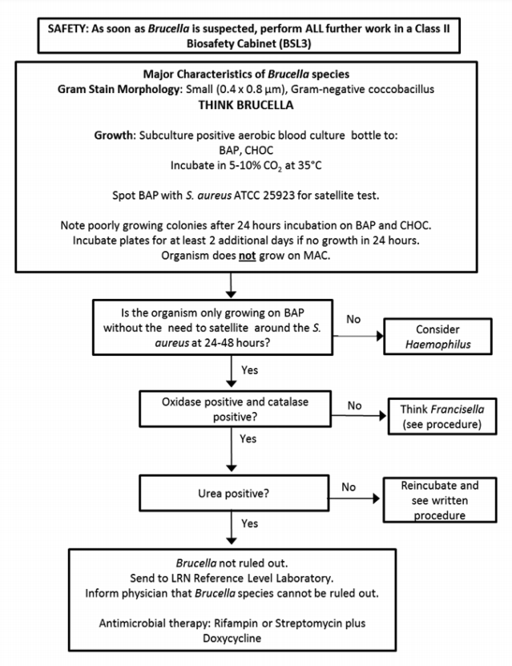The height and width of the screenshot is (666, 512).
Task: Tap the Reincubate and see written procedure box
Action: pos(442,500)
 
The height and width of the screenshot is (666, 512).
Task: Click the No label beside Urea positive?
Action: pos(349,486)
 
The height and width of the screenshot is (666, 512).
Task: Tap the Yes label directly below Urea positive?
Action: pos(250,523)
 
